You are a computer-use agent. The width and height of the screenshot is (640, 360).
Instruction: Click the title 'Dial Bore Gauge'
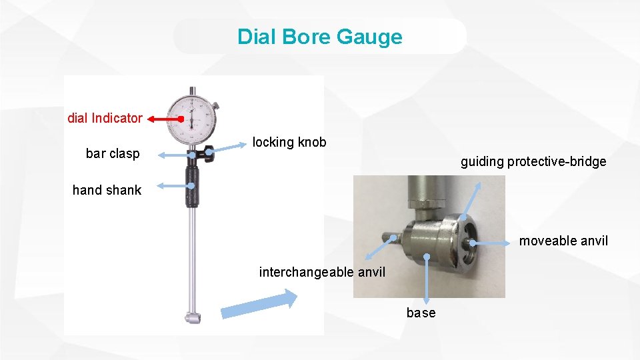point(320,36)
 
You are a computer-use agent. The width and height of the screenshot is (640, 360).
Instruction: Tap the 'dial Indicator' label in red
point(105,118)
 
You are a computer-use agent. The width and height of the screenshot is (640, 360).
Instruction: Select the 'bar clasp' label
point(113,153)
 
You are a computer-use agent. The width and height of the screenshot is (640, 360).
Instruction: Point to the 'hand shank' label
point(107,190)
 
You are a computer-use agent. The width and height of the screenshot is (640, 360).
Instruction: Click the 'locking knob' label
point(289,142)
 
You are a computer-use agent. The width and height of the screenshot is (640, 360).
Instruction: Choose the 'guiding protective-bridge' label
point(533,161)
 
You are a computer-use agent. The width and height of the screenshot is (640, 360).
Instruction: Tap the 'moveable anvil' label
point(563,241)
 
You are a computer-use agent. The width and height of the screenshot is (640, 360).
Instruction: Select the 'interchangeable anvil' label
point(322,272)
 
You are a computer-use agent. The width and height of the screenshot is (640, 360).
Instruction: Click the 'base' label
point(421,313)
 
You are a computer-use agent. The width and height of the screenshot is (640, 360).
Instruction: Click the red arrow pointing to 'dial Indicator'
point(165,119)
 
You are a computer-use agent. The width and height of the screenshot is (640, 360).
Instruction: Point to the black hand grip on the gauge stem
point(192,187)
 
